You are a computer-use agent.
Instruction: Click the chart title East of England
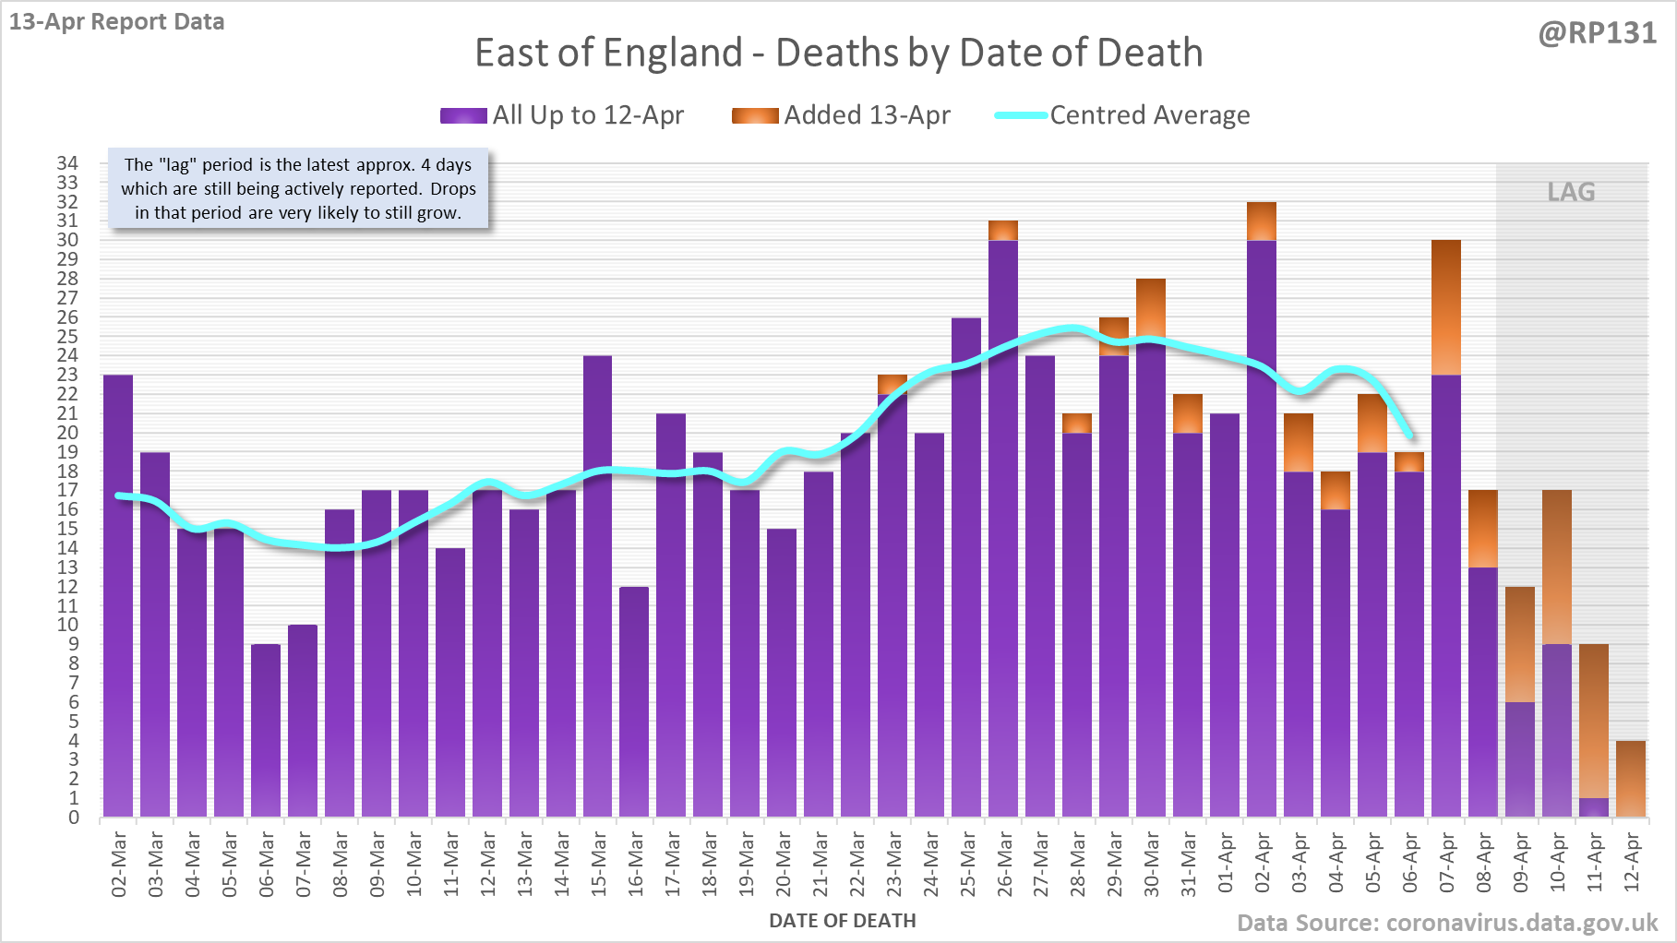838,53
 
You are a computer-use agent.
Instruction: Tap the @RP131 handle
1597,33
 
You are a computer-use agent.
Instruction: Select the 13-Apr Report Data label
117,21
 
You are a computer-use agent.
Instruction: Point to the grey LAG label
1571,192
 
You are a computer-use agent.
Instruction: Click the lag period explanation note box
298,188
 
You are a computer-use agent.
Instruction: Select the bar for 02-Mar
118,595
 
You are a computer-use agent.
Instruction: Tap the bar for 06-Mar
266,730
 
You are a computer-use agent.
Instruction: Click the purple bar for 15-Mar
597,586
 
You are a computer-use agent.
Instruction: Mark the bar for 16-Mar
634,701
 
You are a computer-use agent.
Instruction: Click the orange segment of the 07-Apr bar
1446,307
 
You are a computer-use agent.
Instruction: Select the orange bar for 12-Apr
1631,779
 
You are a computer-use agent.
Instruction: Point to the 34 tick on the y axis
68,163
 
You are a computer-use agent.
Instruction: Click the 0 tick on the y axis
74,818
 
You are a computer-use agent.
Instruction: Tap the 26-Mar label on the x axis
1004,864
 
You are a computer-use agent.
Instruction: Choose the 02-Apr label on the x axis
1263,864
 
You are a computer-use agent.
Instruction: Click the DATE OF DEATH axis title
842,921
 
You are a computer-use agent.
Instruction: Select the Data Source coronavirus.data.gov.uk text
1447,923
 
